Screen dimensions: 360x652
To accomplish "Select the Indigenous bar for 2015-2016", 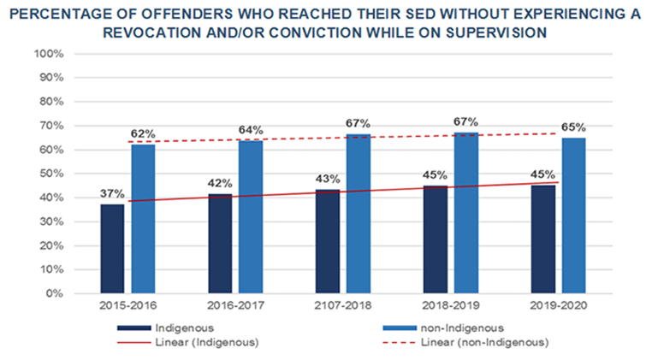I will (x=112, y=249).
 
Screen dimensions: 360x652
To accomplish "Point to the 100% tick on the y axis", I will (x=50, y=54).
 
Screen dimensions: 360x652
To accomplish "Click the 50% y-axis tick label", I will (x=52, y=174).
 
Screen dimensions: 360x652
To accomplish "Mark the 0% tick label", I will (x=56, y=293).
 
